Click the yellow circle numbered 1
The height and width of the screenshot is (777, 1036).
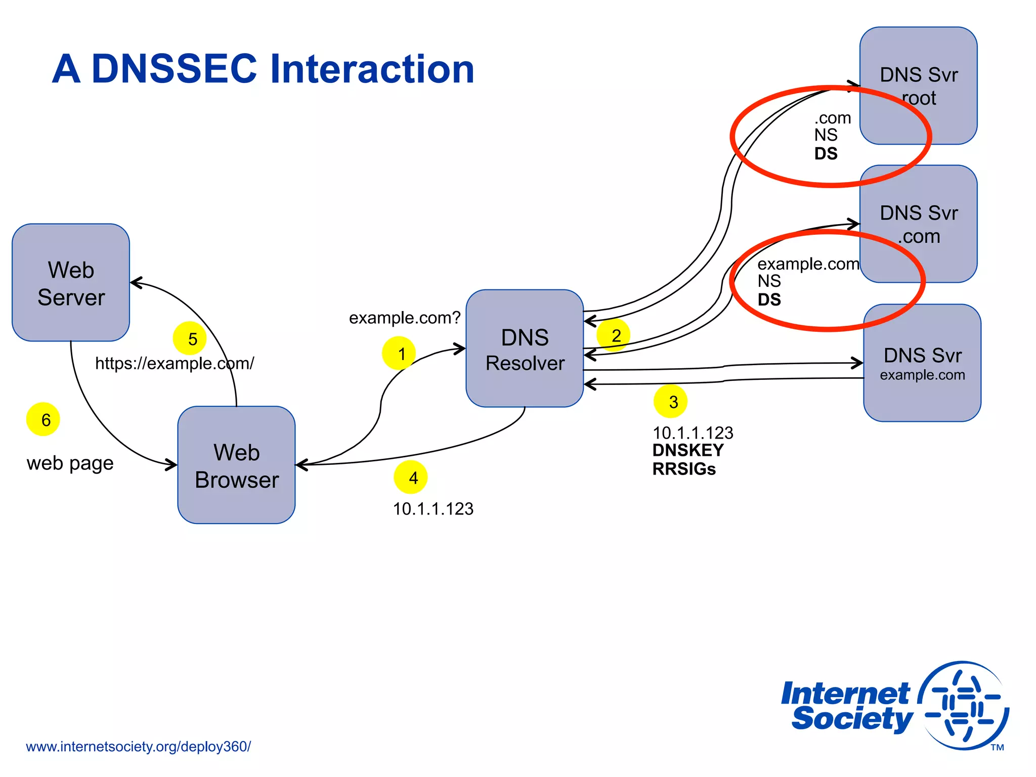(x=399, y=353)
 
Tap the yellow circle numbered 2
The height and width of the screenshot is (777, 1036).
(x=613, y=335)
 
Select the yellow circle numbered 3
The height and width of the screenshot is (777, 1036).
(x=670, y=402)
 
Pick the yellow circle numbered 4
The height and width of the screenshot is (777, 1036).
(x=411, y=477)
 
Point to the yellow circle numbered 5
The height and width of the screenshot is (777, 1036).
(x=190, y=338)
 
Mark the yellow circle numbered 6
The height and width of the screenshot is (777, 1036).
(x=43, y=419)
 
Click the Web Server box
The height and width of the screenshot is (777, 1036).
(x=71, y=282)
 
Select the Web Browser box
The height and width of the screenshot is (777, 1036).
(x=236, y=465)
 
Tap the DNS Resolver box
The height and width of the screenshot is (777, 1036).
(x=525, y=349)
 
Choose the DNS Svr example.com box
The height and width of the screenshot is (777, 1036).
(x=922, y=363)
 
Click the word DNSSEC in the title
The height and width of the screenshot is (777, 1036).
(x=175, y=69)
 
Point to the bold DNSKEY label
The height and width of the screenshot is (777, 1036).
(x=687, y=450)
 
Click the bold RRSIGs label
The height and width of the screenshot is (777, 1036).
(x=684, y=469)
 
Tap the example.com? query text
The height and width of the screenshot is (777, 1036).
(x=405, y=318)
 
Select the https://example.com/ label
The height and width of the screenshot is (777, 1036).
(x=175, y=363)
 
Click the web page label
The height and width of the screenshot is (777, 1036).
(x=70, y=463)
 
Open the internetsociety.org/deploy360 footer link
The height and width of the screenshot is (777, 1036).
(x=138, y=747)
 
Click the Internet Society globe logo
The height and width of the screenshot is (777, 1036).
(x=964, y=706)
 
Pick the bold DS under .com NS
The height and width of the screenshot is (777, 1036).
(x=826, y=154)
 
